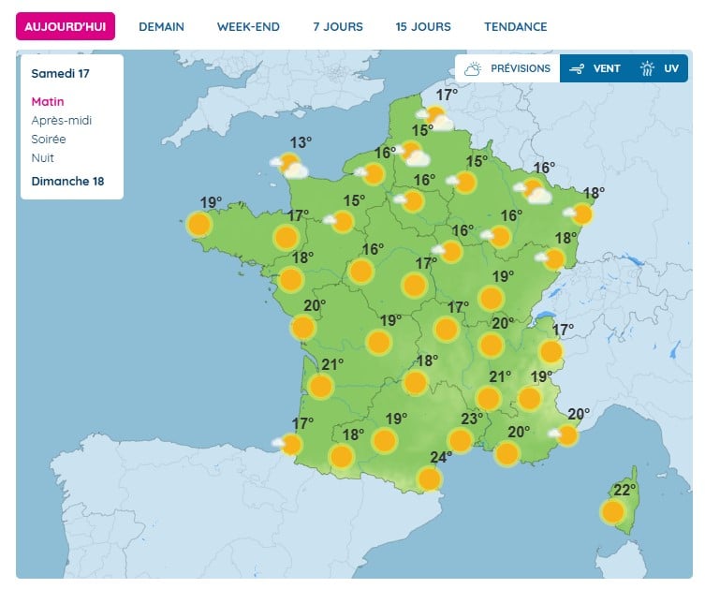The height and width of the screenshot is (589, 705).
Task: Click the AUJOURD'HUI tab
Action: click(x=66, y=26)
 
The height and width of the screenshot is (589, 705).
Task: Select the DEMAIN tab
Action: click(x=161, y=26)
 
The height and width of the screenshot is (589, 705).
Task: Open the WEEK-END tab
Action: click(x=248, y=26)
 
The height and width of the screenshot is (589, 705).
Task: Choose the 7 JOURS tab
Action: click(x=338, y=26)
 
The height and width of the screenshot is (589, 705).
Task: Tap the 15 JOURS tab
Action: click(x=423, y=26)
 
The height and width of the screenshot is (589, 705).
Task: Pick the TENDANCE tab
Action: click(x=516, y=26)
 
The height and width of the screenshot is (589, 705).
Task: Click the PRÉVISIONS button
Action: click(x=507, y=68)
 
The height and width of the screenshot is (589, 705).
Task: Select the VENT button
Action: click(x=595, y=68)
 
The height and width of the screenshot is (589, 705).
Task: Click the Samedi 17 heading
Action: click(x=54, y=73)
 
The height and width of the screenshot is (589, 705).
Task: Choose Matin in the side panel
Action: click(x=48, y=102)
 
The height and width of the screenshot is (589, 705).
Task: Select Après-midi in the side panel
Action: click(x=62, y=121)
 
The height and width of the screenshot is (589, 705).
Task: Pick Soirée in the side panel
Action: click(x=49, y=140)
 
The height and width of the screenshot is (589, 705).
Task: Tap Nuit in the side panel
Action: click(x=42, y=157)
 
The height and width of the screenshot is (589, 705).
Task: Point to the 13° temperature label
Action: click(x=301, y=142)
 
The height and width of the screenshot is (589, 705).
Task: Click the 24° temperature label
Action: click(x=441, y=457)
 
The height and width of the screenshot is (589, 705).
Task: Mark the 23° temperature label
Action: click(x=471, y=419)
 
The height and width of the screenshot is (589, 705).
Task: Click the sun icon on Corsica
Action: click(x=613, y=511)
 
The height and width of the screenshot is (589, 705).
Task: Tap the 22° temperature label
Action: click(x=624, y=489)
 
